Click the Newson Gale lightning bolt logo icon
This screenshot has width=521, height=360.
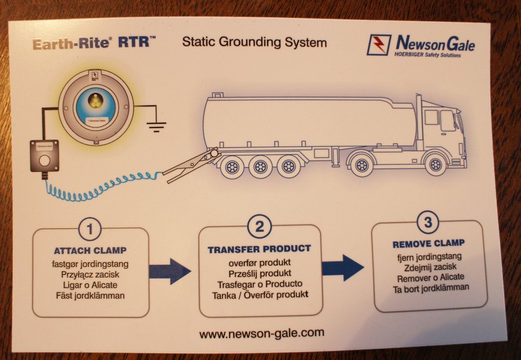coord(379,45)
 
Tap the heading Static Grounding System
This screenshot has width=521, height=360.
coord(254,42)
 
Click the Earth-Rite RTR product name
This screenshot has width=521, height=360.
coord(94,43)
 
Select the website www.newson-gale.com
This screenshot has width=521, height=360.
coord(262,333)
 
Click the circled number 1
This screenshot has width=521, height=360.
coord(90,229)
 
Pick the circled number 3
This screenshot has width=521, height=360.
coord(428,221)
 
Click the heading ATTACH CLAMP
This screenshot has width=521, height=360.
coord(90,251)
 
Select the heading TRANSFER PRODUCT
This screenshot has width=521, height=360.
coord(259,249)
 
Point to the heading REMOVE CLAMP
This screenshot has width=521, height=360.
coord(428,243)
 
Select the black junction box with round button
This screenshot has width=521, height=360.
coord(45,156)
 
